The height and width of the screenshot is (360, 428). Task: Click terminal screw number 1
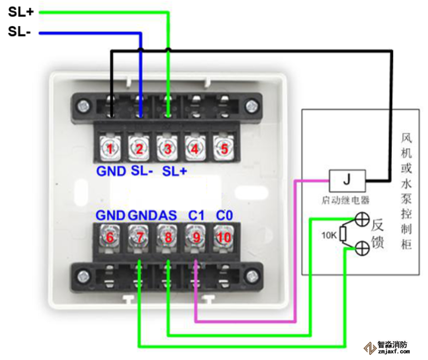coord(110,149)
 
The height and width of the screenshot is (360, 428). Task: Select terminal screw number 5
coord(224,149)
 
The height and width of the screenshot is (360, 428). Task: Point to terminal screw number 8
coord(168,237)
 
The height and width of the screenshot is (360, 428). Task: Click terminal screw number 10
coord(224,237)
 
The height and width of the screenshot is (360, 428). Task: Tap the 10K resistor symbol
coord(344,235)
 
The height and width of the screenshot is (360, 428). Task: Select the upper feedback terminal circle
coord(362,220)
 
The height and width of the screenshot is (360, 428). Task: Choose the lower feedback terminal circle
coord(362,248)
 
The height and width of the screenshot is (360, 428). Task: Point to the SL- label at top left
coord(20,32)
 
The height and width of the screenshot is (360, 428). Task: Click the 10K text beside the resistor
coord(329,235)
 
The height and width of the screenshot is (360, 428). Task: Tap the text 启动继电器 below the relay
coord(346,199)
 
